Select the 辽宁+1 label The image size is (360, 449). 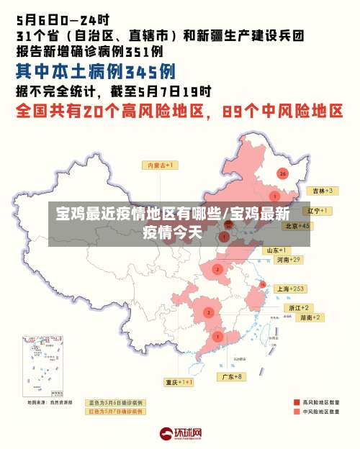pyautogui.click(x=318, y=211)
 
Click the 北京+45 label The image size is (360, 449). pyautogui.click(x=297, y=226)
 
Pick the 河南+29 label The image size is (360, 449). pyautogui.click(x=288, y=259)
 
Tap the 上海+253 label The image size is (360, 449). pyautogui.click(x=291, y=289)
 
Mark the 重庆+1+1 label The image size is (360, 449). pyautogui.click(x=179, y=382)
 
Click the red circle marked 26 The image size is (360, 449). pyautogui.click(x=283, y=173)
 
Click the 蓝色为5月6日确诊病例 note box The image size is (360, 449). pyautogui.click(x=115, y=402)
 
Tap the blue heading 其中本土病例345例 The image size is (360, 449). pyautogui.click(x=96, y=72)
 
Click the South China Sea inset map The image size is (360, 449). pyautogui.click(x=48, y=367)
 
